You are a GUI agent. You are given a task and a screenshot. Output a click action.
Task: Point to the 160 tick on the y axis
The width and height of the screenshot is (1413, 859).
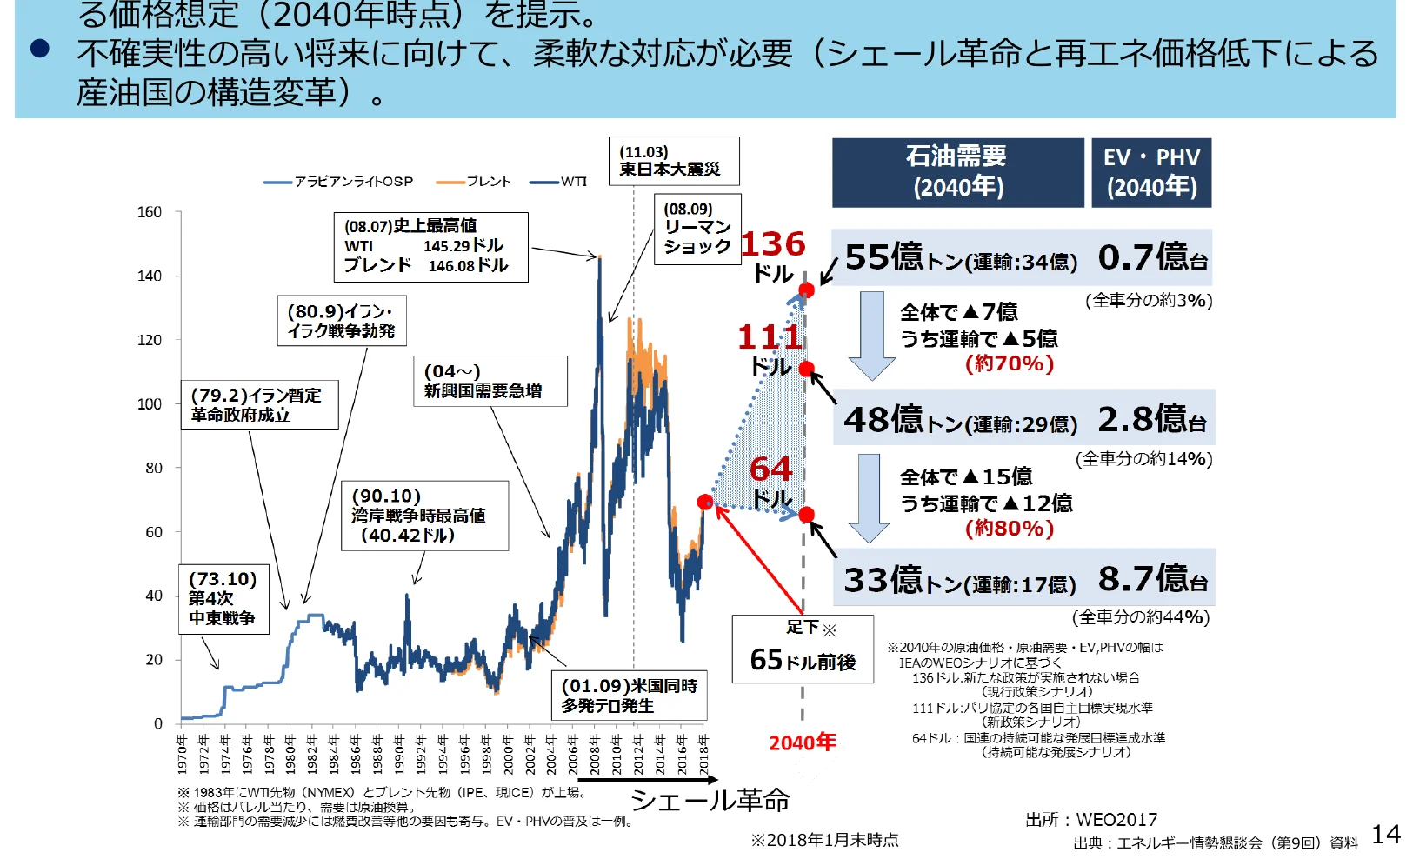coord(150,212)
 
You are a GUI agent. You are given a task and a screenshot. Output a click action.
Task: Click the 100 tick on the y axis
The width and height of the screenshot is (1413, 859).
coord(150,404)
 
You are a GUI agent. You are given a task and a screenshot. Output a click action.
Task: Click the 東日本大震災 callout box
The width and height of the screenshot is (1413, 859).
coord(673,161)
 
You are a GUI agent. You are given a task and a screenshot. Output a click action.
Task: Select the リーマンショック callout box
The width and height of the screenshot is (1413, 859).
coord(697,229)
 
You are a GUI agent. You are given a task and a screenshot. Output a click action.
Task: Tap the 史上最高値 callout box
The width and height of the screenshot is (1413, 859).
coord(430,247)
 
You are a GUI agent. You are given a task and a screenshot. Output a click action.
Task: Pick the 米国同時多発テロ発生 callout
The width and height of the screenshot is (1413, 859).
coord(629,696)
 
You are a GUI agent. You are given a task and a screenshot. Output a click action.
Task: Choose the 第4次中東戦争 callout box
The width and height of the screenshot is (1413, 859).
coord(223,598)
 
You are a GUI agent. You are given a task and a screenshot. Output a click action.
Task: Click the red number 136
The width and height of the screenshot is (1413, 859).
coord(773,244)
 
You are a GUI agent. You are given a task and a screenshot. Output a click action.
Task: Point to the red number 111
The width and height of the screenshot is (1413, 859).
coord(770,336)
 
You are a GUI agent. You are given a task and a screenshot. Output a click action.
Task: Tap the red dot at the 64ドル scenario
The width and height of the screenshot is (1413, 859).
coord(806,515)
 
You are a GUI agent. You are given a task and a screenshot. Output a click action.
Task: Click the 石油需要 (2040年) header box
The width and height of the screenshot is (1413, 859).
coord(957,172)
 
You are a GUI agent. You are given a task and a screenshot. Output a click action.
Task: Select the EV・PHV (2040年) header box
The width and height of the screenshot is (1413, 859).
coord(1151,172)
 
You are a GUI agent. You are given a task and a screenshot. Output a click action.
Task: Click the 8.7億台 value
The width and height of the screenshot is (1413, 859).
coord(1152,578)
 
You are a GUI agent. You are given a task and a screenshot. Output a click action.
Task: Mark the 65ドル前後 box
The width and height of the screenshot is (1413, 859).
coord(803,649)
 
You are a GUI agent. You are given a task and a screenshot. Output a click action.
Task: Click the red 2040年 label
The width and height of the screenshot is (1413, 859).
coord(803,742)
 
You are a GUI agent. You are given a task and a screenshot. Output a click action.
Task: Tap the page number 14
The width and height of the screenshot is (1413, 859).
coord(1386,835)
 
